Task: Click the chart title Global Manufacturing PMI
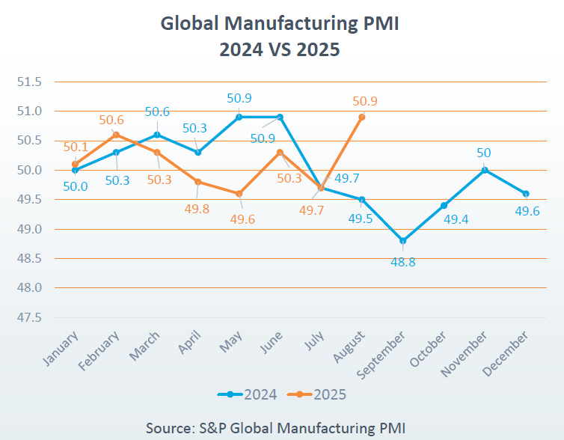point(280,24)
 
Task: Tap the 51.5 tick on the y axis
point(31,82)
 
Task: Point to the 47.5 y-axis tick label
point(31,317)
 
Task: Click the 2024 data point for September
point(403,241)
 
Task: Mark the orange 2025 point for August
point(362,117)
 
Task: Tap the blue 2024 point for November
point(485,170)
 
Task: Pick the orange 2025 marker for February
point(116,135)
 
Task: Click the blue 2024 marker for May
point(239,117)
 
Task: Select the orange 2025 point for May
point(239,194)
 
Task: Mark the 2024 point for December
point(526,194)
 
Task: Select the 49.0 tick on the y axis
point(31,229)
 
